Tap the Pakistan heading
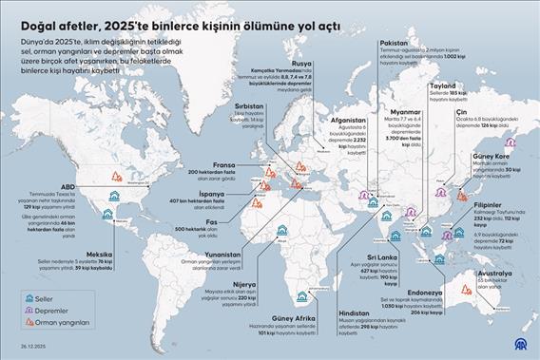[394, 43]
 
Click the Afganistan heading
[350, 122]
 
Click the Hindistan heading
[356, 313]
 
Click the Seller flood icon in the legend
[18, 296]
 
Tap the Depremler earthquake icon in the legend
[18, 311]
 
